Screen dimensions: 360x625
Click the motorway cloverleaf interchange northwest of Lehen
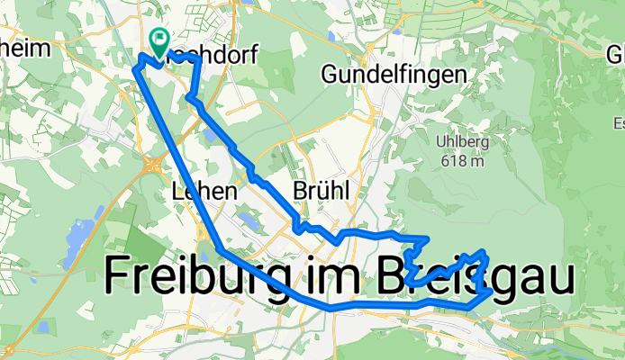(150, 164)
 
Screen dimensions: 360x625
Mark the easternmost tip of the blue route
(491, 292)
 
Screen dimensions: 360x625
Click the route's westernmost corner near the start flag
(137, 67)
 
